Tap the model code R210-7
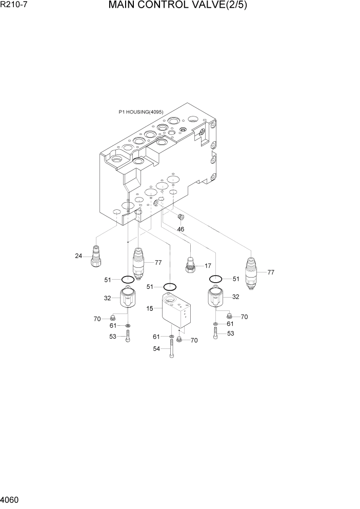[14, 6]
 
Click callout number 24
[78, 256]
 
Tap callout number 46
[181, 229]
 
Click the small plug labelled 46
[180, 218]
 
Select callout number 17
[208, 266]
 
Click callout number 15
[150, 309]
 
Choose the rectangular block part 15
[175, 311]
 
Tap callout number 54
[156, 348]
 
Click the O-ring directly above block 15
[170, 286]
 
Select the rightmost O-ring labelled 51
[215, 279]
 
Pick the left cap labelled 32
[127, 300]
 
